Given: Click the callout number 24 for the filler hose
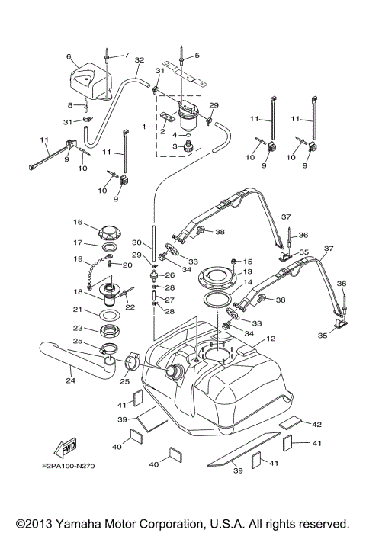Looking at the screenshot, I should pos(70,380).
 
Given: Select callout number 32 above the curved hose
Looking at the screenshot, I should pos(139,59).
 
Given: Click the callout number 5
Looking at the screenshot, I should pos(195,56).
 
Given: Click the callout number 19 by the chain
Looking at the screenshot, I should pos(78,259).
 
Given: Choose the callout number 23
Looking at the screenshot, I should pos(78,329).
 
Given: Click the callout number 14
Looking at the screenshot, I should pos(247,282).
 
